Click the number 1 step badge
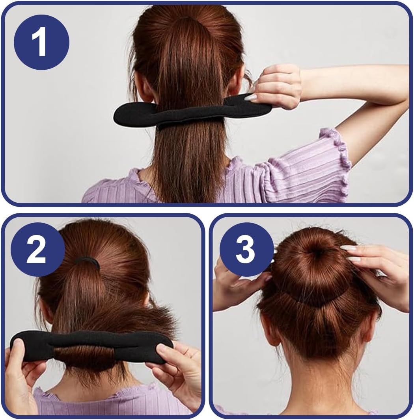point(41,42)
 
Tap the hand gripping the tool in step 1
point(278,86)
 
